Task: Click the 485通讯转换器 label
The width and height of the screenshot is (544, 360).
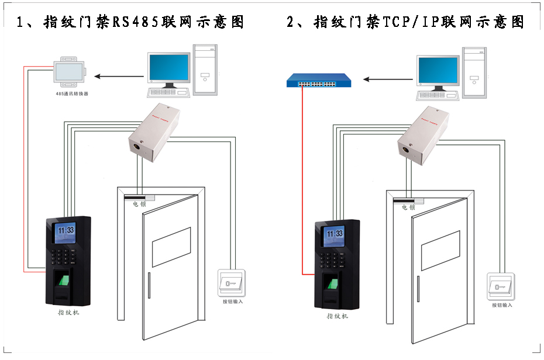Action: coord(69,94)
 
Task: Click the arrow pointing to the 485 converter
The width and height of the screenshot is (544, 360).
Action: coord(119,75)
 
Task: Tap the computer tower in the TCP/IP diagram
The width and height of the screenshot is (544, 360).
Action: coord(474,72)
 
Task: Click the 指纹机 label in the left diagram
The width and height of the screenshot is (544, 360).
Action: coord(68,313)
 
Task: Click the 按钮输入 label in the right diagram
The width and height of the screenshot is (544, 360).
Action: coord(502,305)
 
